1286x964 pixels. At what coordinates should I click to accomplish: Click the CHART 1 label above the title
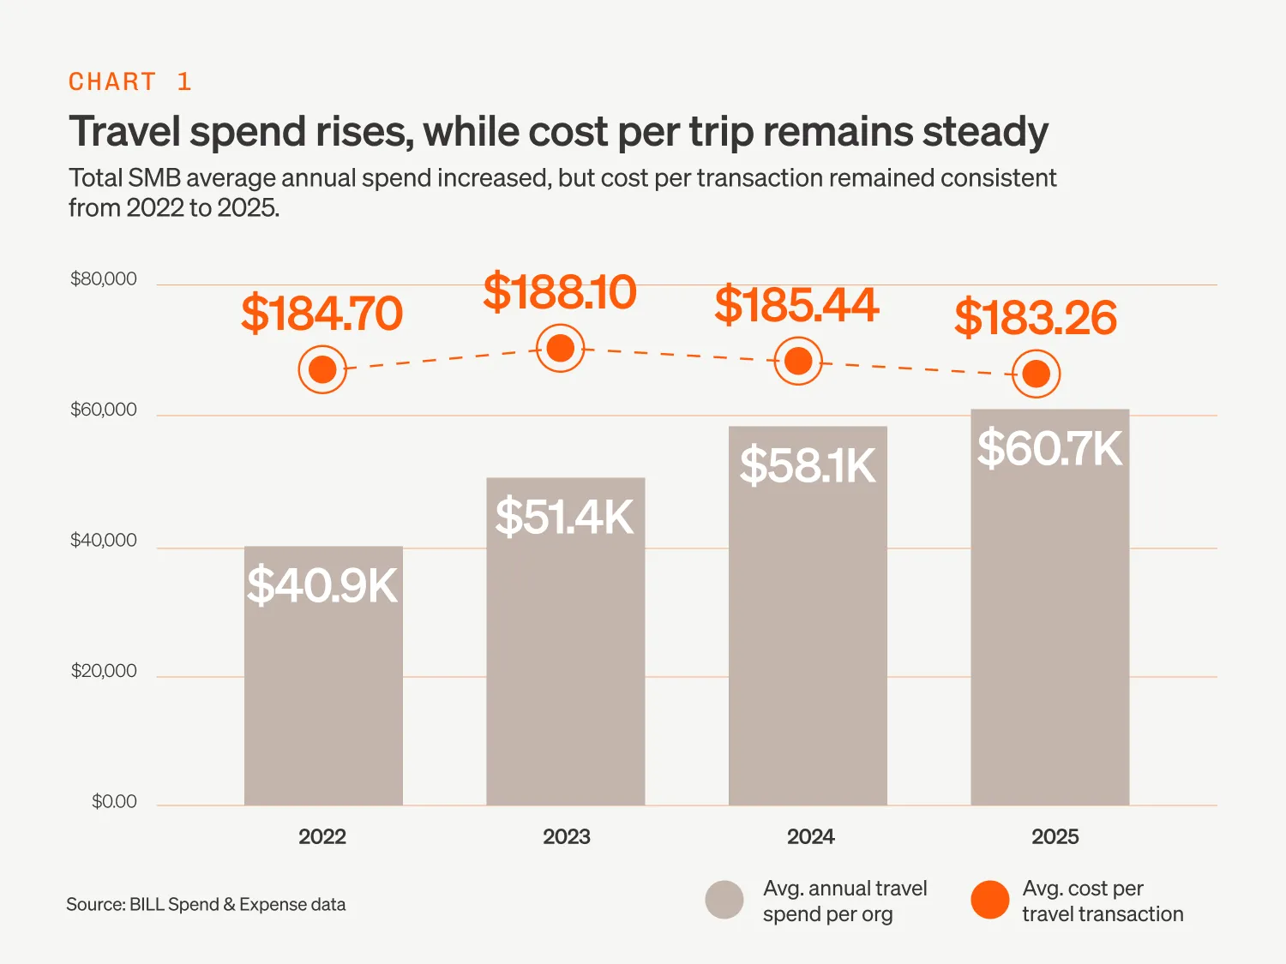[x=129, y=81]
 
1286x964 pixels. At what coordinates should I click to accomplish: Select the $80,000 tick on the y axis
[x=104, y=279]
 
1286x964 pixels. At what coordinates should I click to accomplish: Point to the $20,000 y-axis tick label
[x=104, y=671]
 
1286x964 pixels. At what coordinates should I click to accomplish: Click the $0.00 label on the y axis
[x=114, y=802]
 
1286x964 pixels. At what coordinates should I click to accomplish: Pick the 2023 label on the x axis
[x=566, y=837]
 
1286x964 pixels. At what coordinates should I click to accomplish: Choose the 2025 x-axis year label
[x=1055, y=837]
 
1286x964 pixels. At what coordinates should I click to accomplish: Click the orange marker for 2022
[x=322, y=370]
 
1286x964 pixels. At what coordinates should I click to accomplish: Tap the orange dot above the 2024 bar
[x=798, y=362]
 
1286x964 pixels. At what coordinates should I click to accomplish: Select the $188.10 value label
[x=560, y=292]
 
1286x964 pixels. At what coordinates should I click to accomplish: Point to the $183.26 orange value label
[x=1036, y=318]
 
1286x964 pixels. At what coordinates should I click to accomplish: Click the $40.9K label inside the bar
[x=322, y=586]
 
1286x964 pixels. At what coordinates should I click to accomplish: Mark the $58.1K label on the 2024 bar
[x=808, y=466]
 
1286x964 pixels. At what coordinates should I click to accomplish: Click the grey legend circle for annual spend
[x=724, y=900]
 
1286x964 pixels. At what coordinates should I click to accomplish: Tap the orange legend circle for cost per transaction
[x=990, y=900]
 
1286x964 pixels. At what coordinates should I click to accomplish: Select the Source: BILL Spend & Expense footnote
[x=206, y=905]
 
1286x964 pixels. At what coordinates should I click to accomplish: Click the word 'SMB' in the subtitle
[x=153, y=178]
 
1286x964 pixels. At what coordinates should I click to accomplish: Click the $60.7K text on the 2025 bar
[x=1049, y=449]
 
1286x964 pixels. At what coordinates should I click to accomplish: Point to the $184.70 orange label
[x=321, y=314]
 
